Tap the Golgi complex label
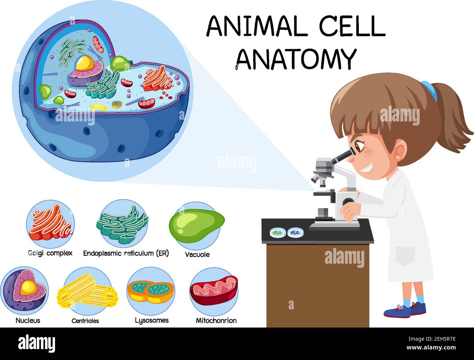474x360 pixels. (x=50, y=253)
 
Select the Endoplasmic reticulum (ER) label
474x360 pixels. (x=126, y=253)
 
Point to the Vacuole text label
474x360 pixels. (x=197, y=254)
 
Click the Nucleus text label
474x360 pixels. (x=28, y=321)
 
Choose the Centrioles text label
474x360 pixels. (x=85, y=321)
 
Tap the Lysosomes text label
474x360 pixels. (x=152, y=320)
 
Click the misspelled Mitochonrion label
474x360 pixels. (x=216, y=321)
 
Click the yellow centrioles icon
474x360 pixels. (x=87, y=291)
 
